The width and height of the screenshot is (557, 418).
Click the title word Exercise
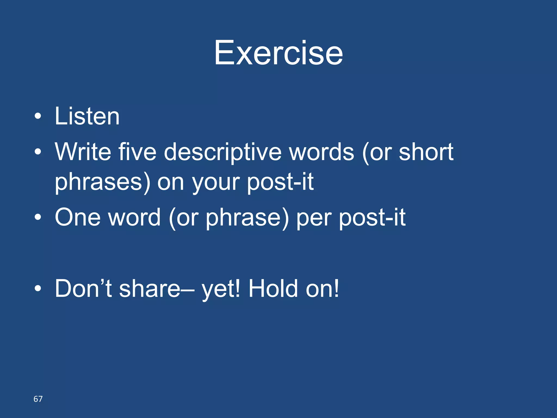coord(278,53)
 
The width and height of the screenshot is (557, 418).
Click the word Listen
coord(87,116)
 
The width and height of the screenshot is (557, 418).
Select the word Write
coord(83,152)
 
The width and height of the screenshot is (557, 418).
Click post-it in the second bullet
coord(280,182)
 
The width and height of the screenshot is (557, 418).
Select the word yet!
coord(221,289)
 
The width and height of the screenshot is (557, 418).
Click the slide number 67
coord(38,399)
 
